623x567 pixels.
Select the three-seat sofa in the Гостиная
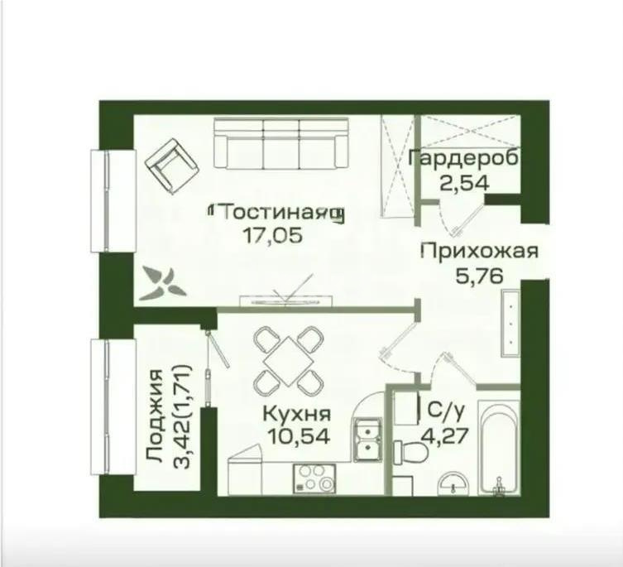280,143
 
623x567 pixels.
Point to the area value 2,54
464,180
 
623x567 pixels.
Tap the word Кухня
297,414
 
